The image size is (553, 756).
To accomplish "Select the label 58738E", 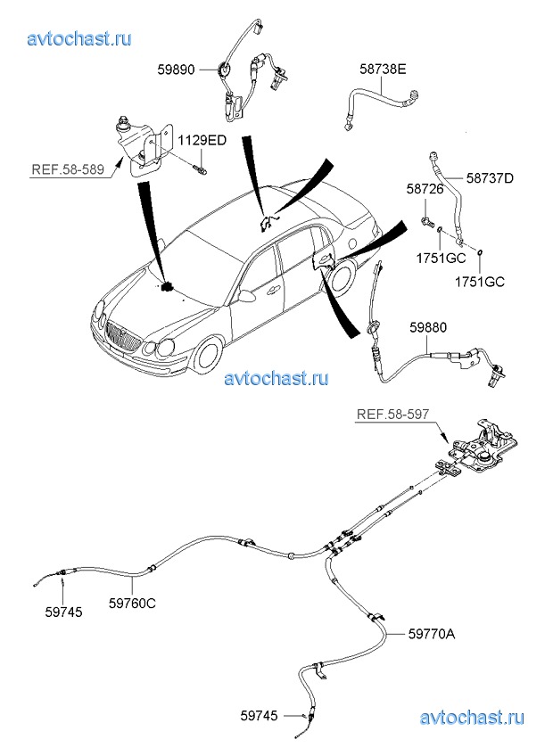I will [x=384, y=67].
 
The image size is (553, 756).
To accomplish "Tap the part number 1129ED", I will [x=202, y=140].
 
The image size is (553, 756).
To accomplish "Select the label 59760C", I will [x=132, y=604].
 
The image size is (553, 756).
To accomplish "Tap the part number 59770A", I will [x=432, y=634].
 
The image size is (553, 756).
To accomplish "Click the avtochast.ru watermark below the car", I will [x=276, y=378].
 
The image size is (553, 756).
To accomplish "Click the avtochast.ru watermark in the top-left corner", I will [x=79, y=38].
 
